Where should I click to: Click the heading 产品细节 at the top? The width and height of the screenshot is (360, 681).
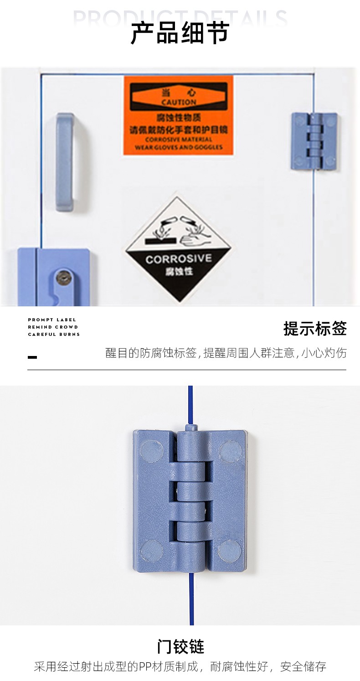(180, 33)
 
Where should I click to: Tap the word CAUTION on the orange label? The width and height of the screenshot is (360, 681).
(179, 103)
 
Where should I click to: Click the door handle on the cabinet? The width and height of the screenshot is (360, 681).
(65, 162)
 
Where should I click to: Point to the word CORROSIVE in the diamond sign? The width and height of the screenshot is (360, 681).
(179, 259)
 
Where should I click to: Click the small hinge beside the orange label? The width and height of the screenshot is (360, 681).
(314, 141)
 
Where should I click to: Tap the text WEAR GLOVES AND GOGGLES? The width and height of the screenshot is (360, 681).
(179, 147)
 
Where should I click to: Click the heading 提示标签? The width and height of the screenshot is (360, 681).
(315, 328)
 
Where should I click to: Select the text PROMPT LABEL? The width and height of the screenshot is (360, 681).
(52, 320)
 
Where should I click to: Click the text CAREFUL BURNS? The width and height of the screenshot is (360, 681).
(54, 335)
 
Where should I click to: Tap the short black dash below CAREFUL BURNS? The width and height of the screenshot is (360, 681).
(32, 357)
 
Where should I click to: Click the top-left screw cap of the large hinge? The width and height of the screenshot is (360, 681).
(152, 451)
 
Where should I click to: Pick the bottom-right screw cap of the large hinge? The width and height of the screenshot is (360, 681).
(230, 550)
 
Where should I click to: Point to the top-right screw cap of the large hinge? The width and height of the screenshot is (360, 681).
(230, 451)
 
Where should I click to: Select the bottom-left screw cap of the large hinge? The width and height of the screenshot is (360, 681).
(152, 550)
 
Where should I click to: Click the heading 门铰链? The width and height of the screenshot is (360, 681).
(180, 646)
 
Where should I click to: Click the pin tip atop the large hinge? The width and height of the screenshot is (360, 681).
(191, 428)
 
